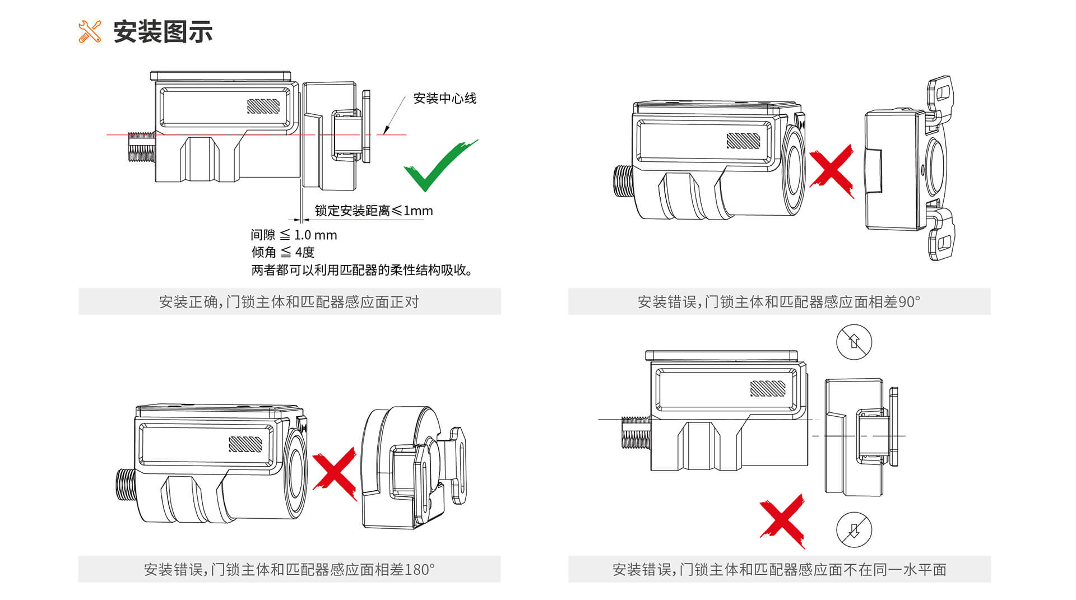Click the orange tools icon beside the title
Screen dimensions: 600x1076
90,32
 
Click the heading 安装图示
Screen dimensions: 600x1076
163,32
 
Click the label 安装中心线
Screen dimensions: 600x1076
444,99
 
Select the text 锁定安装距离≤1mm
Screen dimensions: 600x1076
373,211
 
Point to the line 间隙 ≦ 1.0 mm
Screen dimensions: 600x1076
294,235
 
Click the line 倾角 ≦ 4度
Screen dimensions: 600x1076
283,252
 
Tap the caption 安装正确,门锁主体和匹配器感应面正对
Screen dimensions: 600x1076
289,302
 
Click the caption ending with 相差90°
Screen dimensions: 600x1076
778,302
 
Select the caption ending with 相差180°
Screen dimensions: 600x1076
289,570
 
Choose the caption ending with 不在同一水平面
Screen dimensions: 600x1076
779,570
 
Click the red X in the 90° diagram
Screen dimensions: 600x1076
832,170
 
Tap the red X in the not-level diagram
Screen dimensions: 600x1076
783,520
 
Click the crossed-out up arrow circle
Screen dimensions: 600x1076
854,342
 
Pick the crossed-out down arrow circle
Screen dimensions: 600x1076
854,529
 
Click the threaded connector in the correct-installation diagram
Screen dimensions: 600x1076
141,147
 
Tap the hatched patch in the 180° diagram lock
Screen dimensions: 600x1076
245,444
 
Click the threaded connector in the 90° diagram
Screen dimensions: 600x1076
623,181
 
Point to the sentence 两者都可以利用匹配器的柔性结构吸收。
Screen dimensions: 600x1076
362,270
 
